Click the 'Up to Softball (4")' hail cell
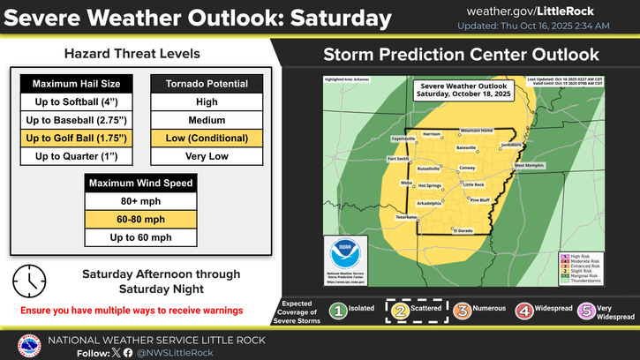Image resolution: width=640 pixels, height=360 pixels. click(76, 102)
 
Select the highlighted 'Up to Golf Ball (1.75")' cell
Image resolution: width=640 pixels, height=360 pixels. click(76, 139)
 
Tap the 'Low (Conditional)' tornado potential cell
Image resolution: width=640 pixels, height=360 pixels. click(207, 139)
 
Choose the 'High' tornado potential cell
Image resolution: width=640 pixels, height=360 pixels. click(207, 102)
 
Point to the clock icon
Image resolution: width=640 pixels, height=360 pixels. click(30, 281)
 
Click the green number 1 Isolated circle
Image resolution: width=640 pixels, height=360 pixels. click(336, 310)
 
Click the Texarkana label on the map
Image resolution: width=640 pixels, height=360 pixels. click(406, 216)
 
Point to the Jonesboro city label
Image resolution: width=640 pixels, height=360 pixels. click(511, 143)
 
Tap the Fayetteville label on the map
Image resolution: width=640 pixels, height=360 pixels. click(403, 139)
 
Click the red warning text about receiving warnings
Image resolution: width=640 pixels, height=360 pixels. click(132, 311)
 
